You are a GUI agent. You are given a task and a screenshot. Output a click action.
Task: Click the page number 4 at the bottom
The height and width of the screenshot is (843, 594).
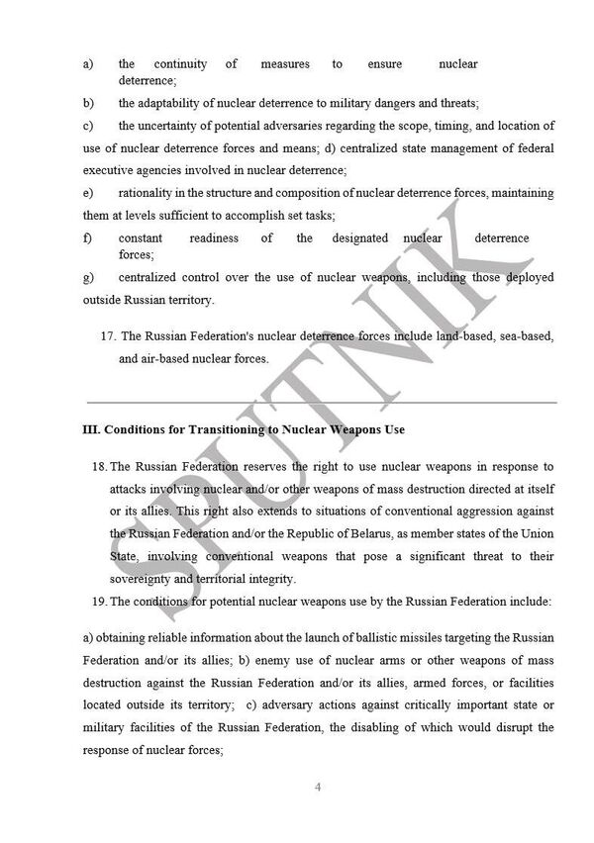[x=318, y=787]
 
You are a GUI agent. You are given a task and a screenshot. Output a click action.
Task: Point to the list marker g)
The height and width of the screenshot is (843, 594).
[x=88, y=277]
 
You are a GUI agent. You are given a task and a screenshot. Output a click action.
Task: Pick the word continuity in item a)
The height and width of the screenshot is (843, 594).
[x=180, y=64]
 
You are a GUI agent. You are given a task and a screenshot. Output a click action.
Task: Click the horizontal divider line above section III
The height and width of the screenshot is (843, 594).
[x=322, y=403]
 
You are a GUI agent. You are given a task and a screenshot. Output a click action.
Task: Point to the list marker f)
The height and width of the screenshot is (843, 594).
[x=88, y=238]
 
